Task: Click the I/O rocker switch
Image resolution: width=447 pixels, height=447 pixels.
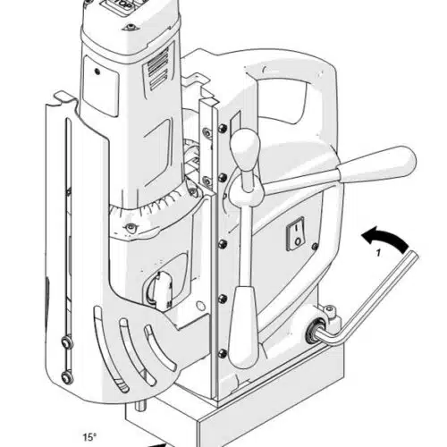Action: point(295,233)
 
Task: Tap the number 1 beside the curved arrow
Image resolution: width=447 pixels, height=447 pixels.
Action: point(378,253)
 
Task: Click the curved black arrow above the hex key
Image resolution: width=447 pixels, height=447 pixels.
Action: point(384,238)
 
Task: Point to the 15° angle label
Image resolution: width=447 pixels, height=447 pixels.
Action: point(89,437)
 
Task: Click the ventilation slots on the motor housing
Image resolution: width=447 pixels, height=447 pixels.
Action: point(157,72)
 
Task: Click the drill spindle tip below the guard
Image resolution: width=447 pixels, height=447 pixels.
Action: point(140,406)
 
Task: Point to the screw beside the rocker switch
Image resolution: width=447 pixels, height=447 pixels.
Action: point(314,246)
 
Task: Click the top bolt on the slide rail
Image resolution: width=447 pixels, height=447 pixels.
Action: point(223,129)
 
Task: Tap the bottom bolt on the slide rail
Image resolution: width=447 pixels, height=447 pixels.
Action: point(223,354)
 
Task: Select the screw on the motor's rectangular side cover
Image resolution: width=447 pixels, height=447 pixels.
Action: point(97,72)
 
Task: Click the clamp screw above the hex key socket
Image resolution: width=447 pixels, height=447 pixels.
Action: point(329,310)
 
